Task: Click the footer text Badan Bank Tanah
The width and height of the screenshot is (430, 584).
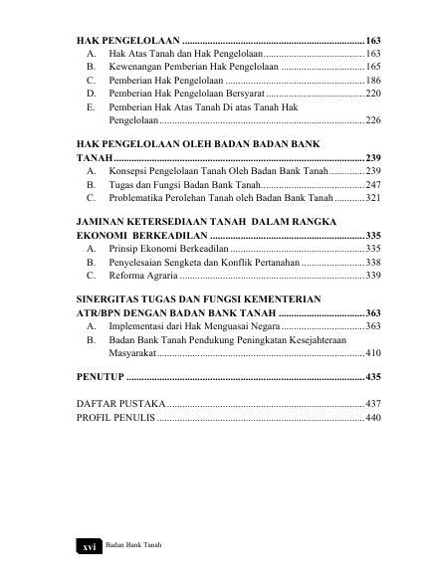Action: (133, 547)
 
